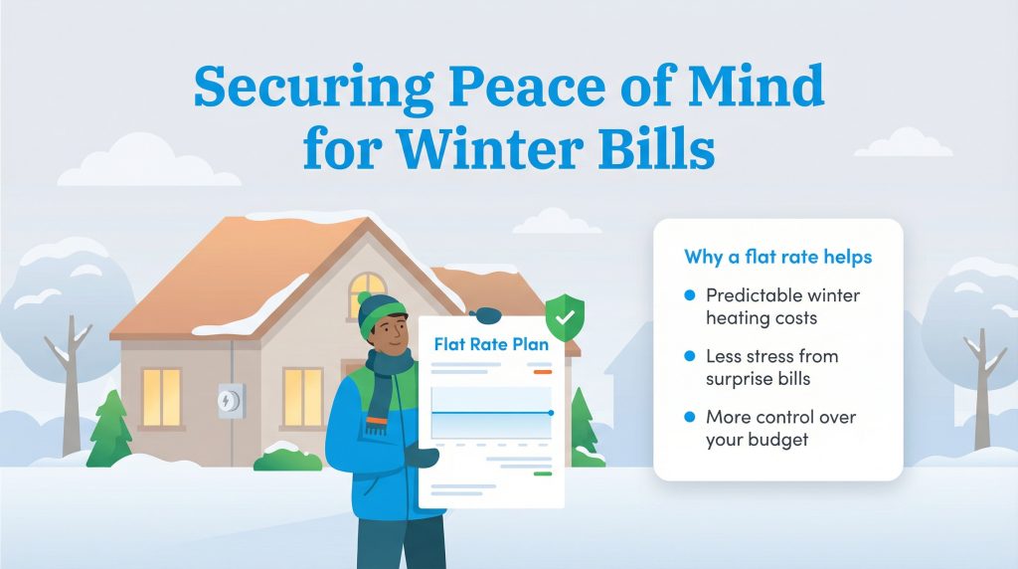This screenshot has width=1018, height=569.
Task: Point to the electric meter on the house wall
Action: click(230, 400)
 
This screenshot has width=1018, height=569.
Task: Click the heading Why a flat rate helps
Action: click(777, 258)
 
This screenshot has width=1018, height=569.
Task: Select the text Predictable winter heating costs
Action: click(782, 306)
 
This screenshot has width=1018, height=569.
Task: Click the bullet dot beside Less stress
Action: click(689, 356)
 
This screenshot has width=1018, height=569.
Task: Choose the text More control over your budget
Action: click(780, 427)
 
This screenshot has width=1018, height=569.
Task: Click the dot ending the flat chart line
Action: click(551, 412)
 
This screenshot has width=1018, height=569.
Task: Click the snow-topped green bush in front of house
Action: click(287, 457)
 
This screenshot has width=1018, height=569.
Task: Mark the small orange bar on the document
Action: click(542, 372)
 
